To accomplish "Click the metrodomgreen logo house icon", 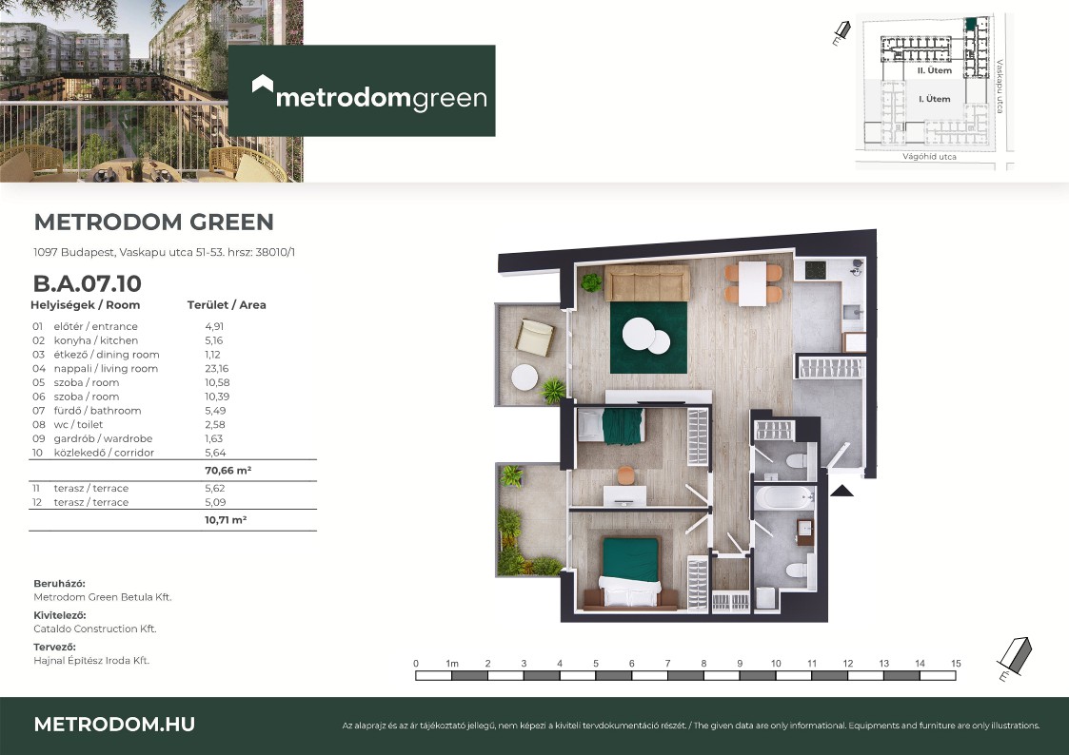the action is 263,85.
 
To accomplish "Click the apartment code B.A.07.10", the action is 88,283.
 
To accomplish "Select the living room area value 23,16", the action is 217,368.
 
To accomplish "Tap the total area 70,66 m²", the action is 228,471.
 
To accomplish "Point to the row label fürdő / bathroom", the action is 97,411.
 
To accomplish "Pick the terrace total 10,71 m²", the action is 226,519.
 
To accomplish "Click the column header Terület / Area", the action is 227,305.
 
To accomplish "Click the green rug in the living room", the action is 648,338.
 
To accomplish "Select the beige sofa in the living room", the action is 647,282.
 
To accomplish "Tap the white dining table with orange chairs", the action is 753,283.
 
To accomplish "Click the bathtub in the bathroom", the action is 784,497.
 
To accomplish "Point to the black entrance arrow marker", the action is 842,490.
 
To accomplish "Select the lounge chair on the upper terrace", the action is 535,337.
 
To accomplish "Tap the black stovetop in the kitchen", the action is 816,270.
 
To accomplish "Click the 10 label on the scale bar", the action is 776,663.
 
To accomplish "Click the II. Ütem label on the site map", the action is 934,70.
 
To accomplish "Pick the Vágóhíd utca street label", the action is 929,157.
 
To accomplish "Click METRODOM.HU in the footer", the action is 114,725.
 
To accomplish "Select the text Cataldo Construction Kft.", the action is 95,629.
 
